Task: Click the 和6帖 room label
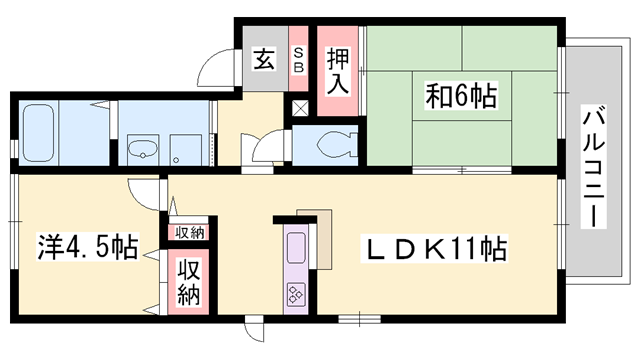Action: pos(462,97)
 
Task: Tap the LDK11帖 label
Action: pos(433,248)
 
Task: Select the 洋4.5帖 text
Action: pos(88,245)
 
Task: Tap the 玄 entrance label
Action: pos(263,59)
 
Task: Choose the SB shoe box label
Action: pos(298,59)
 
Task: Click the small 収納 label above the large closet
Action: pos(189,232)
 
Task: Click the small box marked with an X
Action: pos(301,108)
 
